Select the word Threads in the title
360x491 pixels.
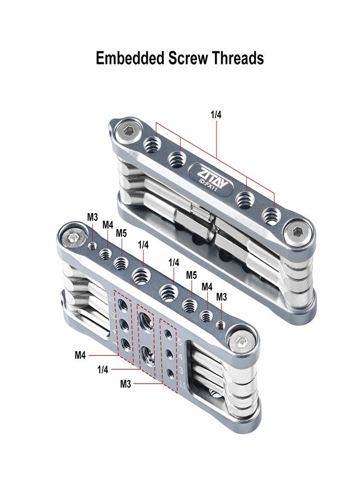click(238, 58)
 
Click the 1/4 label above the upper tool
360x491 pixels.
click(217, 115)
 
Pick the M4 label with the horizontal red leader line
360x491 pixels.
click(81, 355)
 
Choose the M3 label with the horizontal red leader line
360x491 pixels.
click(126, 384)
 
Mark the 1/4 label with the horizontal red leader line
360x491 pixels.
click(103, 369)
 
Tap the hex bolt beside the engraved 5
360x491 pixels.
click(240, 342)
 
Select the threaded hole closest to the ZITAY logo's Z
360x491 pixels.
click(176, 159)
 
